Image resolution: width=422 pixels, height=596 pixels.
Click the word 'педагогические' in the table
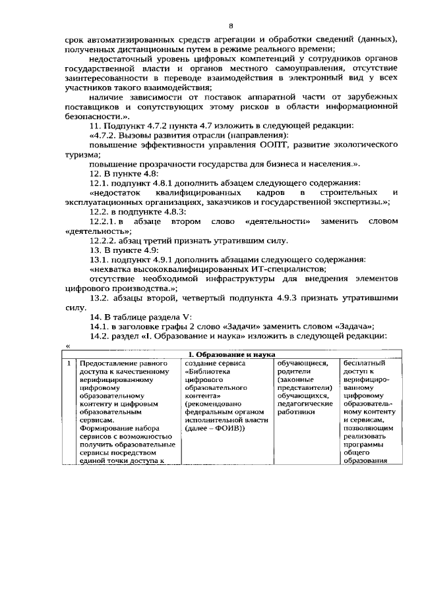click(x=304, y=404)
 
